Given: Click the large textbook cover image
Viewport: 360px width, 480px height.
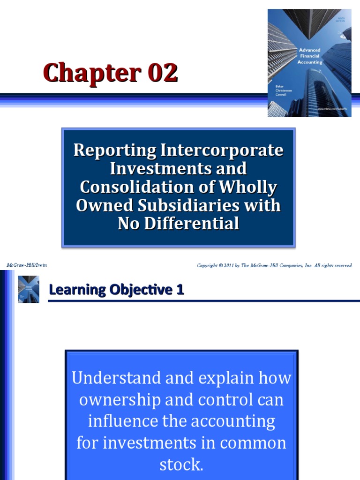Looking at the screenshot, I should pos(309,63).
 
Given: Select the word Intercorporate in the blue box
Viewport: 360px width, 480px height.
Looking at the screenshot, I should pos(222,150).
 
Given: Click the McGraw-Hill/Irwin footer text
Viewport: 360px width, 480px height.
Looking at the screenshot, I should pos(27,265).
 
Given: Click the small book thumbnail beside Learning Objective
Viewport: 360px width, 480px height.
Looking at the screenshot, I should pos(29,289).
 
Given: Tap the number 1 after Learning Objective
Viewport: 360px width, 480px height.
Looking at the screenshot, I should pos(180,290).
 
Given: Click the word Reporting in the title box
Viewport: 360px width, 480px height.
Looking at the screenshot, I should pos(114,150).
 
